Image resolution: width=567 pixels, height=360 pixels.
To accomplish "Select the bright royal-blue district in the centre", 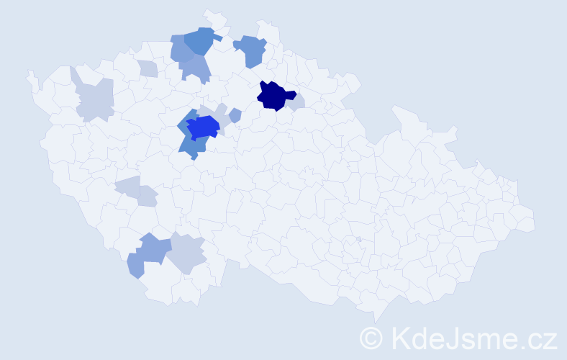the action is [202, 127].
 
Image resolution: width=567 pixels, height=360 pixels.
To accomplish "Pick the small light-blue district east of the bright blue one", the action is [235, 114].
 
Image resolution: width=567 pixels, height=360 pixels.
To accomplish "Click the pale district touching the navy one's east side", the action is [297, 102].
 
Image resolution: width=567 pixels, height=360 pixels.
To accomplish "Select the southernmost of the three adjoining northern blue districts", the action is [194, 68].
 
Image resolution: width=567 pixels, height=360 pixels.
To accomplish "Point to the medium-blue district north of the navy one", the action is [252, 50].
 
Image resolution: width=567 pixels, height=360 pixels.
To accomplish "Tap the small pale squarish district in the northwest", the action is [148, 69].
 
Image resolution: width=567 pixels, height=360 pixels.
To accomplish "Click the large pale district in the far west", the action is [96, 99].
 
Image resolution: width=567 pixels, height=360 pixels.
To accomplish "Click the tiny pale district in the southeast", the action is [358, 239].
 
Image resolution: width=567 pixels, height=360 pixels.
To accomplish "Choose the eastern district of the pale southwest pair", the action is [147, 196].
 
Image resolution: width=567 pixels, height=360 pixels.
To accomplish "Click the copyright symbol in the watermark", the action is [371, 338].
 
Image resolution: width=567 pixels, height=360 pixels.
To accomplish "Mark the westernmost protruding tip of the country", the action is [30, 73].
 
